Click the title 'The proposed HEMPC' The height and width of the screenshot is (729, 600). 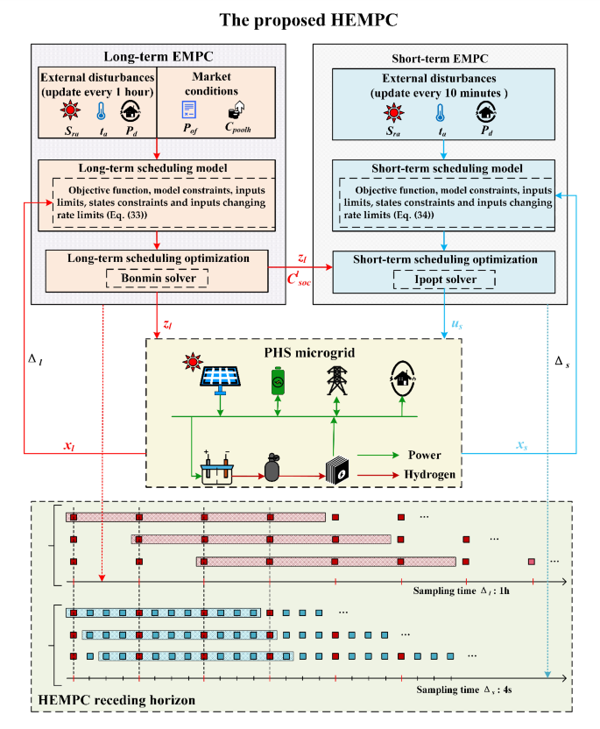(300, 18)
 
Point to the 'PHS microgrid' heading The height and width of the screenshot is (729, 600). (299, 351)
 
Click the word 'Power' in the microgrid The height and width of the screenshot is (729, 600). (424, 455)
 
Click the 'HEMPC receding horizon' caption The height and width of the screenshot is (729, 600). (116, 700)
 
